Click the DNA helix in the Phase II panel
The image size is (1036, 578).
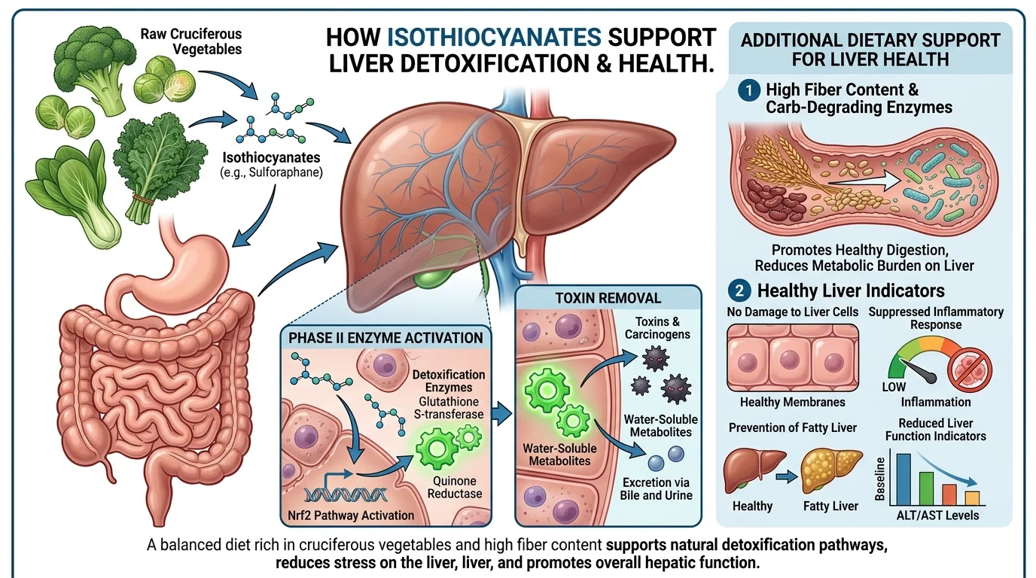(348, 494)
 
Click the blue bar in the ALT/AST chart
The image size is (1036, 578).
(904, 478)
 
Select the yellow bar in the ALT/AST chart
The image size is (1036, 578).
(972, 497)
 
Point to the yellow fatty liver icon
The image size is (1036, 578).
(831, 470)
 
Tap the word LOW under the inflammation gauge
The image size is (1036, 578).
(894, 387)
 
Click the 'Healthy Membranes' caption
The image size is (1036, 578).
(793, 403)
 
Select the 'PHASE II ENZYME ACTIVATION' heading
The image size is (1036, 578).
(385, 338)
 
